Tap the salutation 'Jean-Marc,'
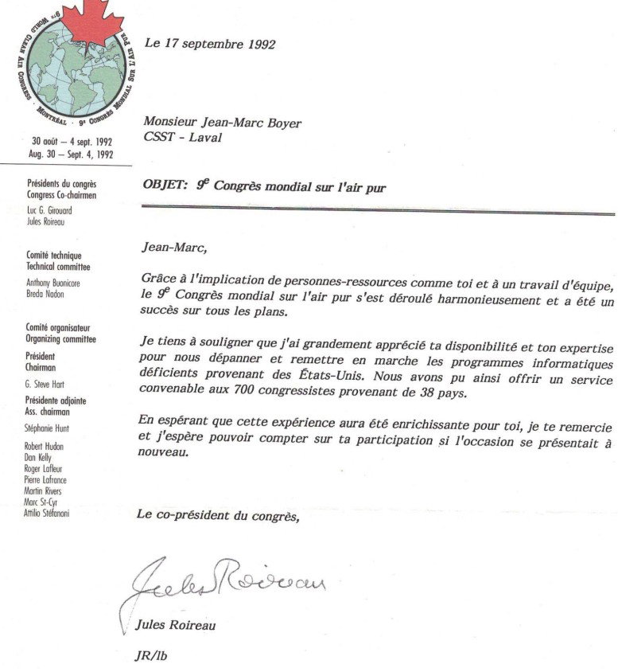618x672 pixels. click(x=173, y=247)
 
